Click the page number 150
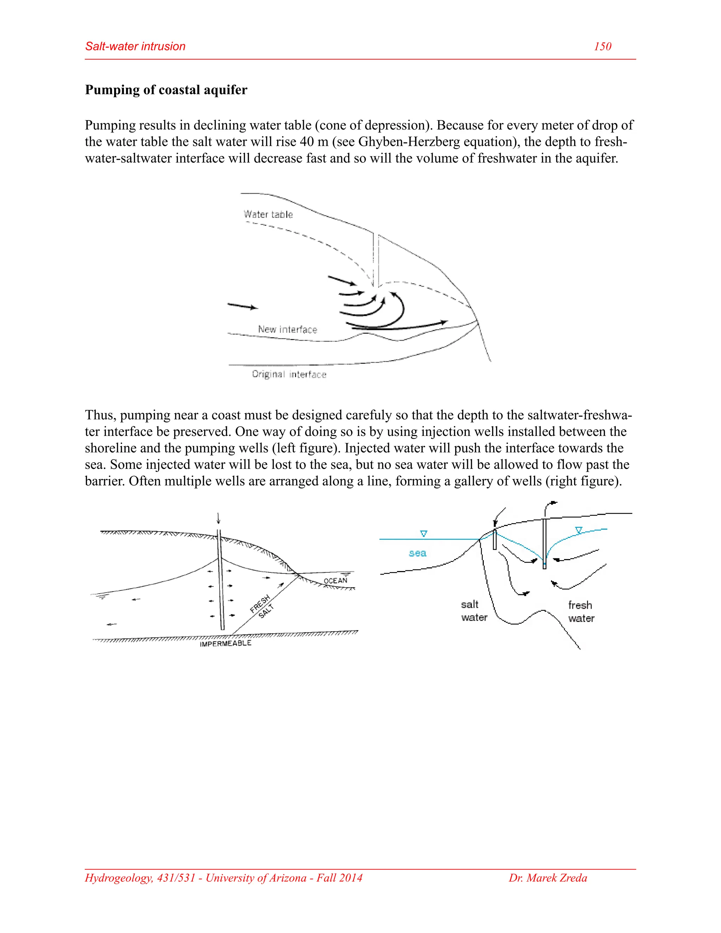tap(602, 46)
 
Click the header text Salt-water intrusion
tap(136, 46)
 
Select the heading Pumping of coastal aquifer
tap(166, 90)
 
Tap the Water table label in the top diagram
tap(268, 214)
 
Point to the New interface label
tap(288, 330)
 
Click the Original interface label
tap(289, 374)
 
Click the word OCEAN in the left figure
tap(335, 581)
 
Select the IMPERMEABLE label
tap(226, 643)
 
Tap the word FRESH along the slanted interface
tap(260, 603)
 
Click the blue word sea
tap(417, 553)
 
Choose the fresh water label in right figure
tap(581, 612)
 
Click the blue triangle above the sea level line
tap(424, 533)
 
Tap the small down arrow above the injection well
tap(219, 519)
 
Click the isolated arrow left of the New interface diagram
tap(242, 306)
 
